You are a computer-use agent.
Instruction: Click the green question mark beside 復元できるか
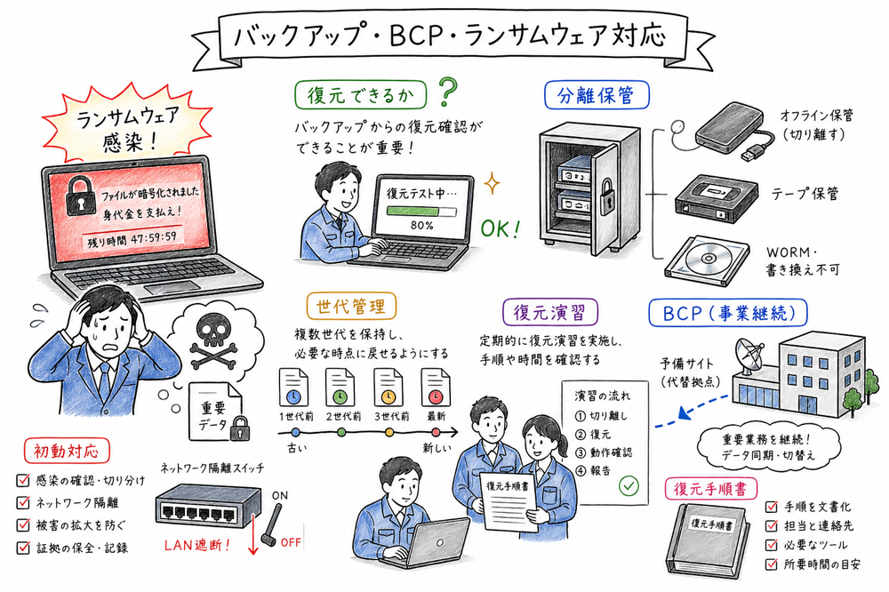(449, 92)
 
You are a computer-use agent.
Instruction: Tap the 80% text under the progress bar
(421, 226)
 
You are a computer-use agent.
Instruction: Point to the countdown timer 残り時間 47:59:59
(132, 239)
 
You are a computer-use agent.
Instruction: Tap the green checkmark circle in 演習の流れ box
(629, 486)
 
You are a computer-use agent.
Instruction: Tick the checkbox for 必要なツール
(771, 544)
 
